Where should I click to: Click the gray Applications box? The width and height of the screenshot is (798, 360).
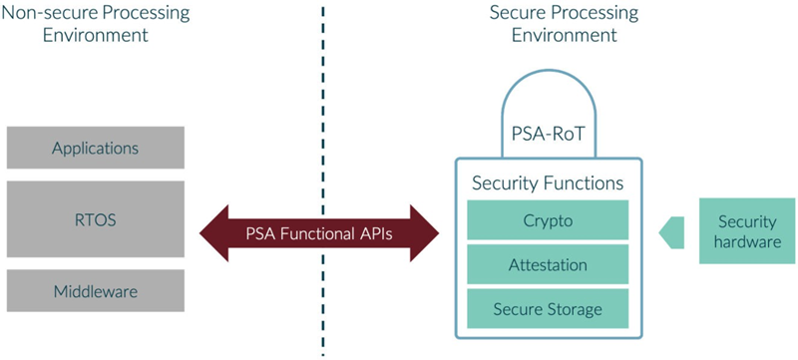[x=95, y=148]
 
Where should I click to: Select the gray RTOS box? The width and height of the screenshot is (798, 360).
[x=95, y=219]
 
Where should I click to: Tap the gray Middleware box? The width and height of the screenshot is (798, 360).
[x=95, y=290]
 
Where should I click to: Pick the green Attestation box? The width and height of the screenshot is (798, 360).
[x=548, y=265]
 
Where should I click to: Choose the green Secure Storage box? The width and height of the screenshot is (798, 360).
[x=548, y=309]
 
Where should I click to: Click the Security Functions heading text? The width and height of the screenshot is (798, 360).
[x=548, y=183]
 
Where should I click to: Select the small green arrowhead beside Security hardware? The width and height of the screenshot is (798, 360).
[x=669, y=232]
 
